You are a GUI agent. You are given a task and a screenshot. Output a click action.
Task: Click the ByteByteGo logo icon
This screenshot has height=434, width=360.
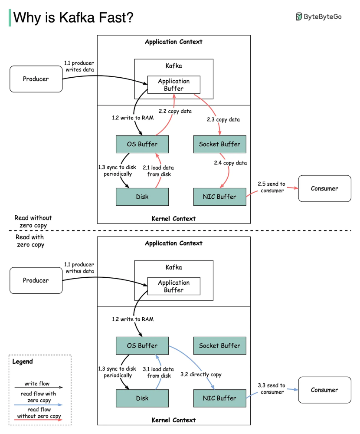click(x=299, y=16)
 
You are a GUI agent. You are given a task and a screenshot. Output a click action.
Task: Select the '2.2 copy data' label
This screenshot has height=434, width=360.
click(x=175, y=111)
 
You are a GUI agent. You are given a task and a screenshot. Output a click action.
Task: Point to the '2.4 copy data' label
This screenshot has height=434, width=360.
click(x=230, y=163)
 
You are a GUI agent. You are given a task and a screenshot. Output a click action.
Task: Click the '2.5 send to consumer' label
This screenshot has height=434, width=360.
click(x=271, y=187)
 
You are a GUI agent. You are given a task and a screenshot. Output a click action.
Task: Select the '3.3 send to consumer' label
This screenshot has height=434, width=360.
click(x=271, y=388)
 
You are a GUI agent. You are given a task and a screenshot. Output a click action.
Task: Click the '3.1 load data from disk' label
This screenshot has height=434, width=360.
click(x=159, y=372)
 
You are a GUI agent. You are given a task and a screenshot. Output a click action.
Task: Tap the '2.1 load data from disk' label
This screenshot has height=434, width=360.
click(x=159, y=171)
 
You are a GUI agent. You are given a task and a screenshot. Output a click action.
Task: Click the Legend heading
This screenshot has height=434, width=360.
click(x=22, y=362)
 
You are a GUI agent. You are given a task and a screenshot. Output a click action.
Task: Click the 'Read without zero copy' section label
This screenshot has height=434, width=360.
click(x=33, y=221)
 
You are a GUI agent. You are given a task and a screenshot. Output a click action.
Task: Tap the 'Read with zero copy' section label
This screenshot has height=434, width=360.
click(x=30, y=241)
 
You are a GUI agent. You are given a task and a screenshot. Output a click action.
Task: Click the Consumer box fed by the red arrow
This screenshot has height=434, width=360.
click(x=324, y=188)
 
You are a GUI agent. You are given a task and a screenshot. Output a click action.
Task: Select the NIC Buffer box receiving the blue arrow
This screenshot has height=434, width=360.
click(x=219, y=398)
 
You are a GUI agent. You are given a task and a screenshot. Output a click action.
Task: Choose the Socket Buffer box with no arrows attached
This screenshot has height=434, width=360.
click(x=219, y=345)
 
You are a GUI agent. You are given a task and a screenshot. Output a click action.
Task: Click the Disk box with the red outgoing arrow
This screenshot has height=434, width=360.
click(x=142, y=197)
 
